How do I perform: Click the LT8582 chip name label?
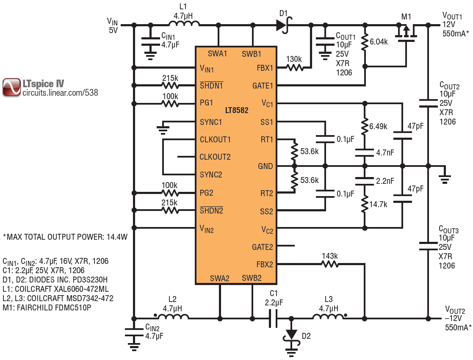(236, 111)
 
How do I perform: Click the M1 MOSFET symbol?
(406, 33)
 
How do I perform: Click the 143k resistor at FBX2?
(329, 264)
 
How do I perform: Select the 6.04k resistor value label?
(379, 42)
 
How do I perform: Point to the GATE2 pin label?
(263, 246)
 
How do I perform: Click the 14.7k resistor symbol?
(364, 204)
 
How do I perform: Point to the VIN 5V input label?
(112, 25)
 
